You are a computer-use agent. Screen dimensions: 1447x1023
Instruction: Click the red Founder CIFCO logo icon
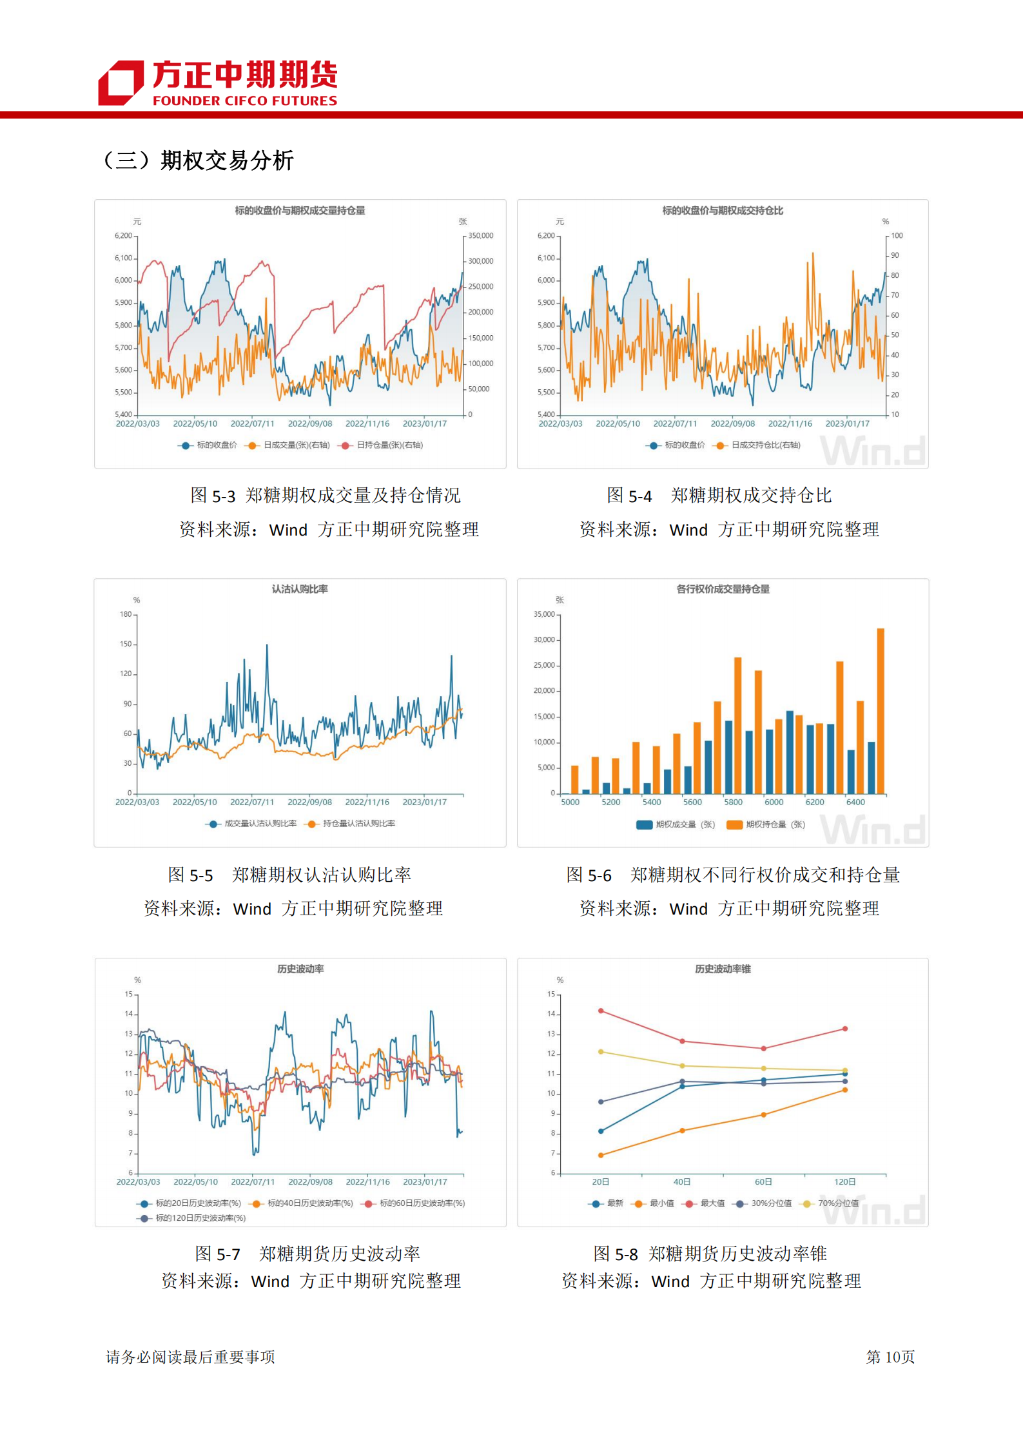(121, 83)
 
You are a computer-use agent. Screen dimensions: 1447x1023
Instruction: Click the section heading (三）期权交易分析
(197, 160)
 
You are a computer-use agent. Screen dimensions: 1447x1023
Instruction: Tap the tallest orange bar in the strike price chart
(880, 709)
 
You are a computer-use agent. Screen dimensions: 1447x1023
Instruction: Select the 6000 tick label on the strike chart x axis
(774, 802)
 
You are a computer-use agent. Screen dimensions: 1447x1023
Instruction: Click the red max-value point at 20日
(601, 1011)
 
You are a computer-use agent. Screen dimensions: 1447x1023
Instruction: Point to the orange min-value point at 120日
(845, 1090)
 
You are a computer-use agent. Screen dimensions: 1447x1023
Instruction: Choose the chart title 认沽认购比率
(300, 589)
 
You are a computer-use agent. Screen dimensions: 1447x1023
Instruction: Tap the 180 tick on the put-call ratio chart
(126, 614)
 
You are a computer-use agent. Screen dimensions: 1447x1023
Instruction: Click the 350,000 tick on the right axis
(480, 236)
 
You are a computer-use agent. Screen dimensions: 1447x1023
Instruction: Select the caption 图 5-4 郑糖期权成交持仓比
(719, 496)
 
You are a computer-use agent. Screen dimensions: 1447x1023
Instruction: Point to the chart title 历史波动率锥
(723, 969)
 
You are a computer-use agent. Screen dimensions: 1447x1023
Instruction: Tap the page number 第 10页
(890, 1357)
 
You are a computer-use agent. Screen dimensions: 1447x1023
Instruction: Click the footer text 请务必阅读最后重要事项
(190, 1357)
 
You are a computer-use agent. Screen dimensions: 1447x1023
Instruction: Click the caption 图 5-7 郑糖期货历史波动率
(307, 1254)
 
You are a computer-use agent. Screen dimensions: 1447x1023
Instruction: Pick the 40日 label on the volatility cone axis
(682, 1182)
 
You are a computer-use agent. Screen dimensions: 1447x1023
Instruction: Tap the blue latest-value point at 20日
(601, 1131)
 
